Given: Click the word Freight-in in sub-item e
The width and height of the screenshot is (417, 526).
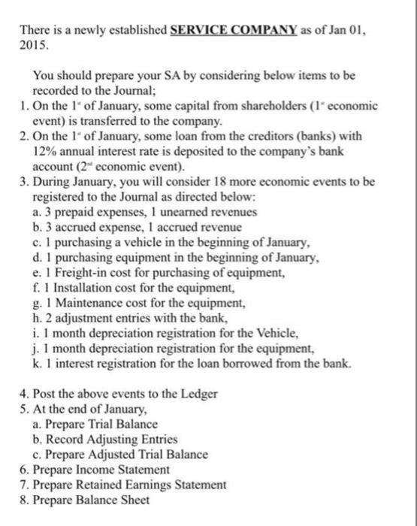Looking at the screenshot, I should (80, 274).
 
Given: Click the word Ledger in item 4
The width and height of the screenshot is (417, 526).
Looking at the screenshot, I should (199, 394).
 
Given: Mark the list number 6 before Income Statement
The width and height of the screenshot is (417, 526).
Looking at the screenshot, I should (24, 470).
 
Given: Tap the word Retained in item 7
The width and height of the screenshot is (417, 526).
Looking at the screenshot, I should (95, 485).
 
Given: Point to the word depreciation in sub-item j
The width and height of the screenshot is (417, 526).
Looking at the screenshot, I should (114, 349).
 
